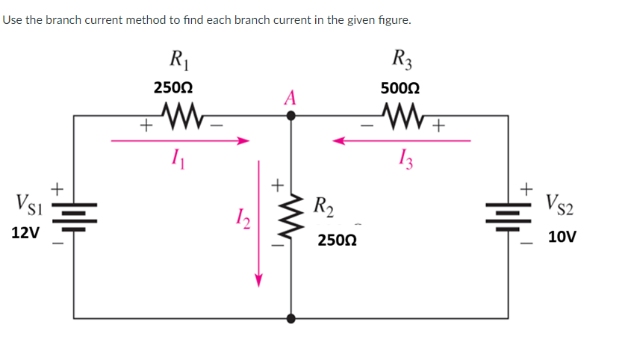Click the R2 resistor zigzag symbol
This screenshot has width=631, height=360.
click(x=291, y=217)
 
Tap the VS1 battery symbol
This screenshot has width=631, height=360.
click(x=74, y=215)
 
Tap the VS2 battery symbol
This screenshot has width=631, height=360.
click(x=508, y=215)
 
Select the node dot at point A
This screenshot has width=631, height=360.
click(x=291, y=116)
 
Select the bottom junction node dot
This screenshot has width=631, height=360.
click(x=291, y=317)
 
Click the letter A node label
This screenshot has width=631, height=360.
click(x=290, y=98)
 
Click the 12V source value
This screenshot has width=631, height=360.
click(x=25, y=232)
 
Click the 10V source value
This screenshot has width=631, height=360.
click(x=562, y=238)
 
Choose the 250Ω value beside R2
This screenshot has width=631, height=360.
click(x=336, y=240)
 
